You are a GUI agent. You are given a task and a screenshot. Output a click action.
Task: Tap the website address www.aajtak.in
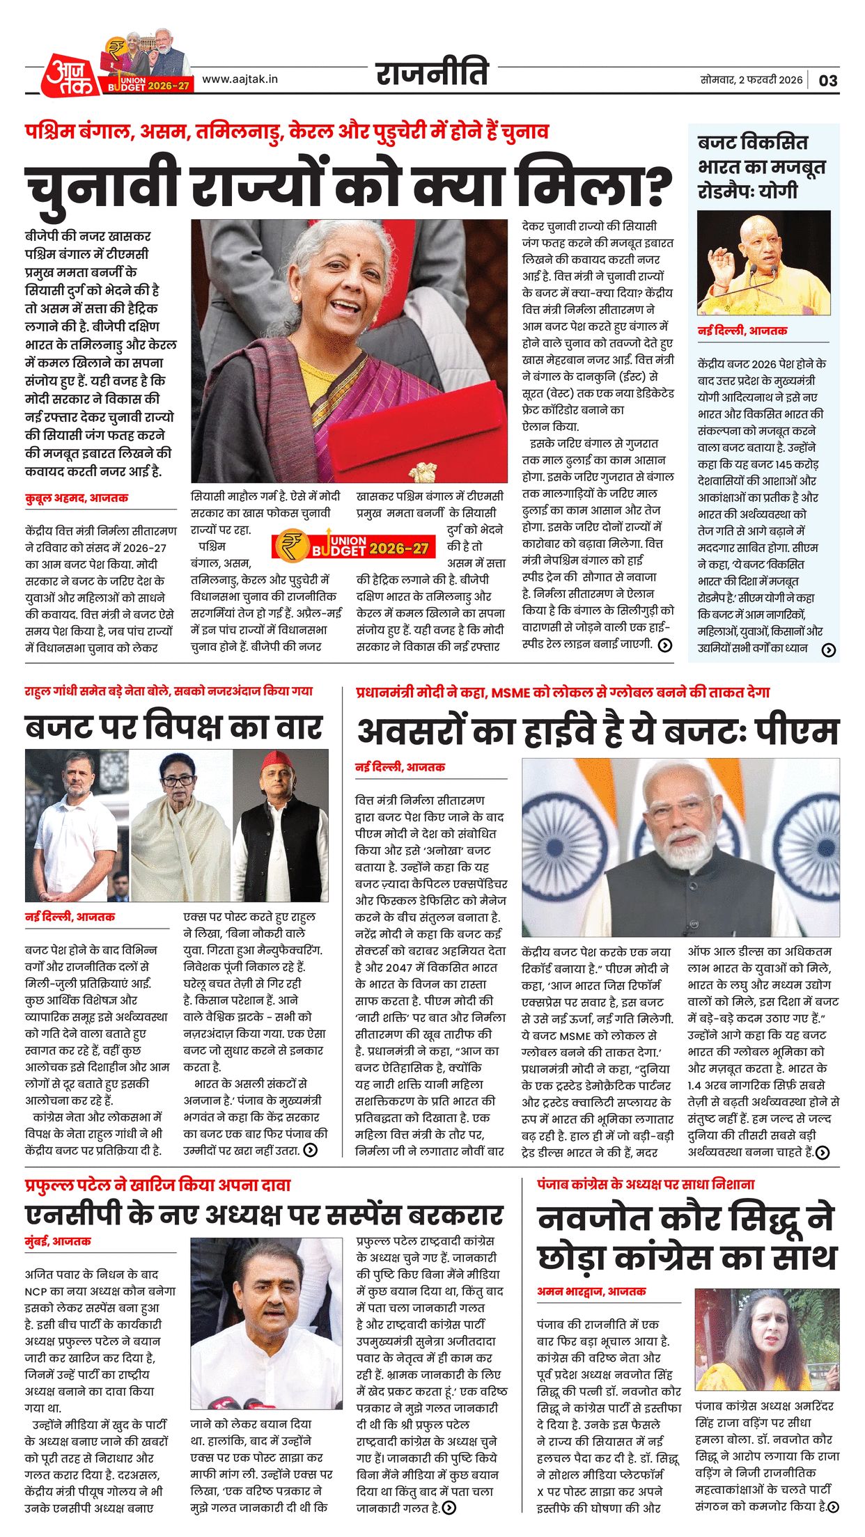click(x=240, y=79)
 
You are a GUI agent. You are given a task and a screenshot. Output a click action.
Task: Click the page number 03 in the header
click(x=827, y=81)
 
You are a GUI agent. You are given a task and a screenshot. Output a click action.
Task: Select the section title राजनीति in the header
click(x=432, y=74)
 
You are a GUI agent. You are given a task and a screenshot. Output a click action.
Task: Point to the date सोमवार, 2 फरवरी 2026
click(x=751, y=80)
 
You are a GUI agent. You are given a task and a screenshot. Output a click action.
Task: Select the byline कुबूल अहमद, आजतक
click(x=77, y=498)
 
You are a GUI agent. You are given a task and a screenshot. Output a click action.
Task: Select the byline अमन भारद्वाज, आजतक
click(x=591, y=1291)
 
